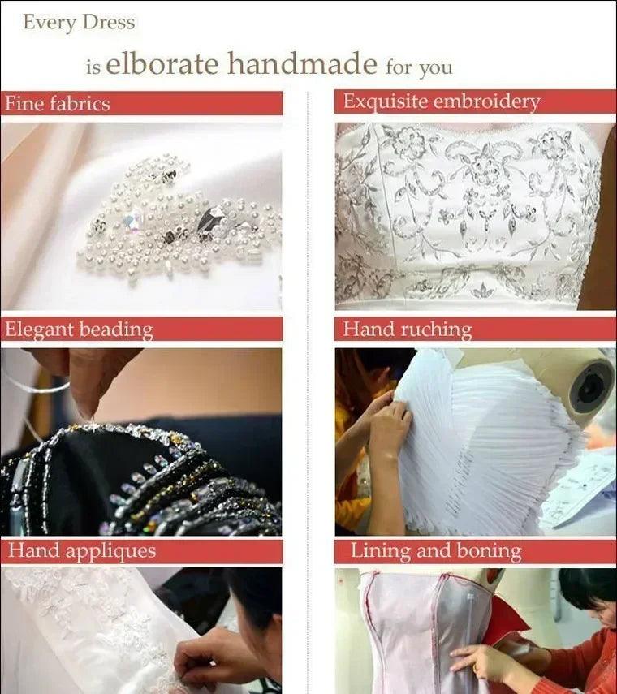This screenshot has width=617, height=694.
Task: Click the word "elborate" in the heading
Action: (162, 63)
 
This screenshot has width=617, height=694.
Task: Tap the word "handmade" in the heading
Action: (302, 63)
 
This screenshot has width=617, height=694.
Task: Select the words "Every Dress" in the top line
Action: (79, 22)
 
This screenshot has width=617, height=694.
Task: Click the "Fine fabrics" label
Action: (57, 104)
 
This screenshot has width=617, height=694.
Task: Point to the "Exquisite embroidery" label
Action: (442, 101)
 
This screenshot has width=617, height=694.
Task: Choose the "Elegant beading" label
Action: (79, 330)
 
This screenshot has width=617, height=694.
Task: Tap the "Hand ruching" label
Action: (408, 330)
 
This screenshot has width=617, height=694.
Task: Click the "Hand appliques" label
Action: (82, 551)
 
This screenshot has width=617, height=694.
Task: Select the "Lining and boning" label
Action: (436, 551)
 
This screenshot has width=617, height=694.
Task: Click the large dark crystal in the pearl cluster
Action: (211, 218)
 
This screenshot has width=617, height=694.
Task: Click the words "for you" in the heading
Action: (419, 67)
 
